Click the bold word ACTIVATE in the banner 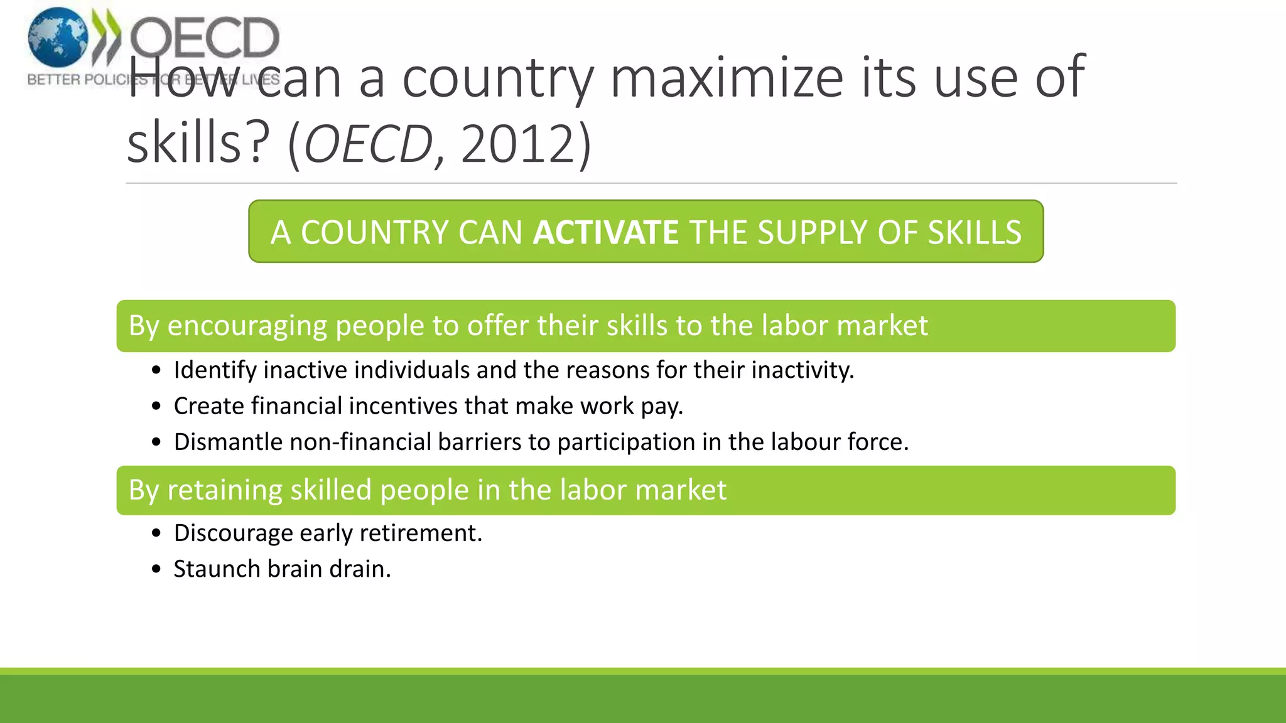pos(605,232)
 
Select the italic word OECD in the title pos(369,144)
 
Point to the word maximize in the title pos(727,78)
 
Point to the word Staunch pos(217,569)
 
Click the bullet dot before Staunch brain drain pos(156,569)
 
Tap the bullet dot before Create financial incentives pos(156,407)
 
